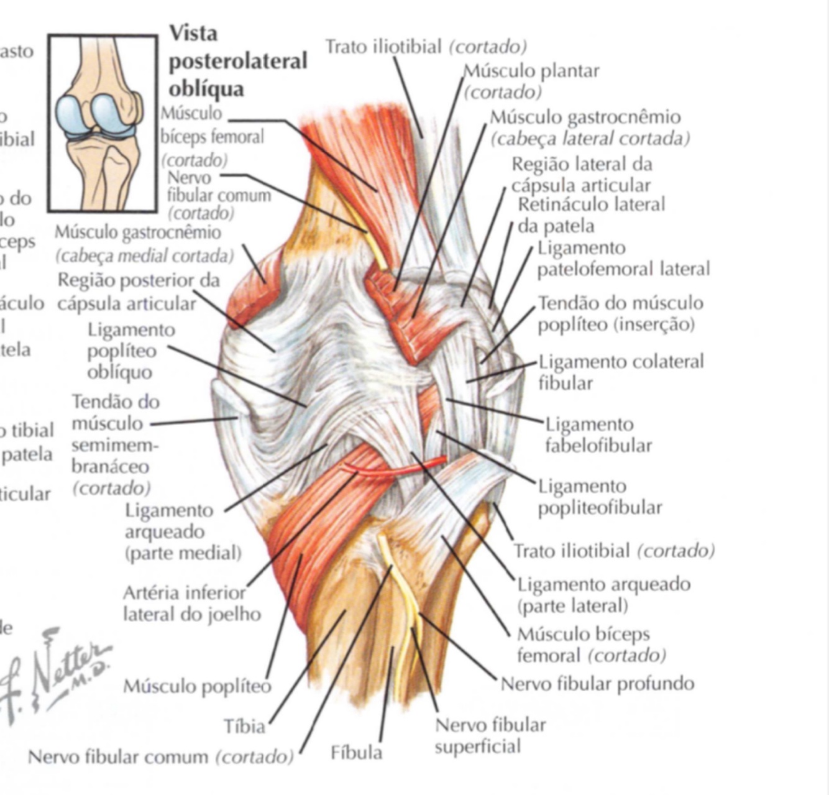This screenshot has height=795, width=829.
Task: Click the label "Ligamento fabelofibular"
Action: (598, 435)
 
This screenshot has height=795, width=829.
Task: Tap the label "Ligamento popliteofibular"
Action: (600, 497)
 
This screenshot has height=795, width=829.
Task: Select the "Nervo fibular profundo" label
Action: (597, 684)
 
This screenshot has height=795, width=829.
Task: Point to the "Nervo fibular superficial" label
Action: (490, 735)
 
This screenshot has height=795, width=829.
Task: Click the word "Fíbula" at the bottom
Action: (356, 753)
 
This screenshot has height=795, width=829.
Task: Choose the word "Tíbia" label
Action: (245, 725)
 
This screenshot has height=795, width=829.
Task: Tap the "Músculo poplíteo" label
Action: (197, 686)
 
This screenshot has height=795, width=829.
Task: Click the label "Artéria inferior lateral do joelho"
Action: (191, 604)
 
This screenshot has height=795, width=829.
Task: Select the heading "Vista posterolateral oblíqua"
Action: (238, 61)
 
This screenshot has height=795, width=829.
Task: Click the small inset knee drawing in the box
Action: (103, 123)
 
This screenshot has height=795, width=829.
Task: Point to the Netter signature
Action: (56, 674)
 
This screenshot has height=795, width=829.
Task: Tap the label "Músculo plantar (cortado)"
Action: (531, 81)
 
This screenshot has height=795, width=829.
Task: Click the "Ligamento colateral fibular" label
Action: (620, 372)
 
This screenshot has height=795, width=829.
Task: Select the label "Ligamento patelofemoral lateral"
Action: (623, 259)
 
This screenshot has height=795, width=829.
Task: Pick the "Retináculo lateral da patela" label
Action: (590, 214)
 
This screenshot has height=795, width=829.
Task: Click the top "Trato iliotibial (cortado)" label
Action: (426, 47)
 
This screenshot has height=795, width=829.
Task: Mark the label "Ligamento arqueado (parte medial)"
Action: (183, 531)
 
